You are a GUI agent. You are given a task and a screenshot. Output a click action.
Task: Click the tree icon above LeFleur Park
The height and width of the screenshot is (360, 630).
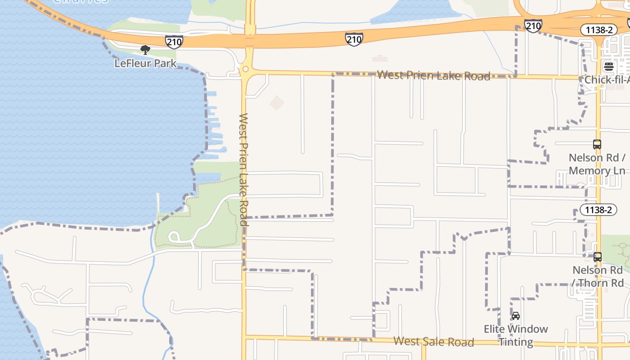[145, 49]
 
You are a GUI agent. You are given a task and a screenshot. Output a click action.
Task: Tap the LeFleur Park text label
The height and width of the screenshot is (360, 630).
[145, 63]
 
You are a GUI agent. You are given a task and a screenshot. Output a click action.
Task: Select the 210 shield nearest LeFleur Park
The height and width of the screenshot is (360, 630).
[174, 42]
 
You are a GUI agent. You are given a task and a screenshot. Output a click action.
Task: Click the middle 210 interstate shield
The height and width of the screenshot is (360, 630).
[354, 39]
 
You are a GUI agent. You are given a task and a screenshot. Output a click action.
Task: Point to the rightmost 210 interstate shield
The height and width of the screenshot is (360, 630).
[533, 26]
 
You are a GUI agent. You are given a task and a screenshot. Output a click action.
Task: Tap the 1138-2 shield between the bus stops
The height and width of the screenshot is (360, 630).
[598, 210]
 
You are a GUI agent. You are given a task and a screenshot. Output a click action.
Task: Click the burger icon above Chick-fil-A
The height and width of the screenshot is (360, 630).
[609, 67]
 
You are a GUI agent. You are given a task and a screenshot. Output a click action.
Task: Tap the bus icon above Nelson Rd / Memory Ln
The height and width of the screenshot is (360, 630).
[597, 144]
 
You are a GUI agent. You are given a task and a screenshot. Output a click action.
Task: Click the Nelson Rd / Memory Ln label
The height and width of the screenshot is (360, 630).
[597, 164]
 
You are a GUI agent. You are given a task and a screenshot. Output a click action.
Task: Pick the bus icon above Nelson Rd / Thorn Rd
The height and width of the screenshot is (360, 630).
[598, 257]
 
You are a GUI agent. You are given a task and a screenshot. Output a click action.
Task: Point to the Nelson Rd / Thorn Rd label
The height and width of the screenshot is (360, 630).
[598, 276]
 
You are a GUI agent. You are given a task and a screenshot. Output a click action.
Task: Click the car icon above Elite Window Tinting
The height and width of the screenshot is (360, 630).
[516, 316]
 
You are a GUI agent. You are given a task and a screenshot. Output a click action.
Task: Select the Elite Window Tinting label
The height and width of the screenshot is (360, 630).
[516, 335]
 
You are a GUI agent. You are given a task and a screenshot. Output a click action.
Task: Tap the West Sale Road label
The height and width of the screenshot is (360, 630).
[433, 342]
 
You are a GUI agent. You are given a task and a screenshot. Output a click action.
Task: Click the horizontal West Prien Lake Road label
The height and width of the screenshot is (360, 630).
[433, 75]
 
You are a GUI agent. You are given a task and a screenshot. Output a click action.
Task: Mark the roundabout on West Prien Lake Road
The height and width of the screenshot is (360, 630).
[245, 69]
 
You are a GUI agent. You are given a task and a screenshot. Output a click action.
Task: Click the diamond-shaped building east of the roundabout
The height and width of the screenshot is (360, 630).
[277, 103]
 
